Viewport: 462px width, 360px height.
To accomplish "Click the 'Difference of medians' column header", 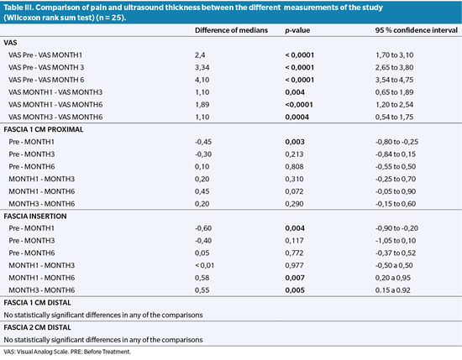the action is (231, 30).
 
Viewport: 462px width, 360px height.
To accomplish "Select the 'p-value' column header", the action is (297, 30).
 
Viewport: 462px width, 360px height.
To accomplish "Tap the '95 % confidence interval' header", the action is (417, 30).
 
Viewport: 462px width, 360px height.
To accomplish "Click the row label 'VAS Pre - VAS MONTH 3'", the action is (46, 67).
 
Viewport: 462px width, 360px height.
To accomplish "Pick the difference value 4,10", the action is (202, 80).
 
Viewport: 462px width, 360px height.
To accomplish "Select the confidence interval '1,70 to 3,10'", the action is (394, 55).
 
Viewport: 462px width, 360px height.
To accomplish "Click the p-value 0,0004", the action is (297, 117).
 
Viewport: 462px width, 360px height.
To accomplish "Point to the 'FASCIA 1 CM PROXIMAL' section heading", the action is (44, 129).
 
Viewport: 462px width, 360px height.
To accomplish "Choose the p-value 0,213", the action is (294, 154).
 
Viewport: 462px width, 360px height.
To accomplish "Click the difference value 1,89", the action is (202, 105).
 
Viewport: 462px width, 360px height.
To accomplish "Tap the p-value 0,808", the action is (294, 167).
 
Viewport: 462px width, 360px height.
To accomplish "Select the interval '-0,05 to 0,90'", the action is (396, 191).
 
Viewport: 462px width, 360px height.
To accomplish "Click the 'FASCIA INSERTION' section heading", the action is (35, 216).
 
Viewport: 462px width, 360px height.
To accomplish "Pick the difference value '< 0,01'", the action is (204, 265).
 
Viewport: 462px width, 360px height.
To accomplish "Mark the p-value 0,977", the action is (294, 265).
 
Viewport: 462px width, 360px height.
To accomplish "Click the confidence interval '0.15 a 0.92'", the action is (393, 290).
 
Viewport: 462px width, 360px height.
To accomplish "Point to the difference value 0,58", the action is (202, 278).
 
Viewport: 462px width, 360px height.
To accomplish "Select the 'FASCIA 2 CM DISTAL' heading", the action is (38, 327).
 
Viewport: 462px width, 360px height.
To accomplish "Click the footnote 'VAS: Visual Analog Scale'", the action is (35, 352).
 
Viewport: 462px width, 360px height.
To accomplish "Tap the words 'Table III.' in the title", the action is (18, 8).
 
